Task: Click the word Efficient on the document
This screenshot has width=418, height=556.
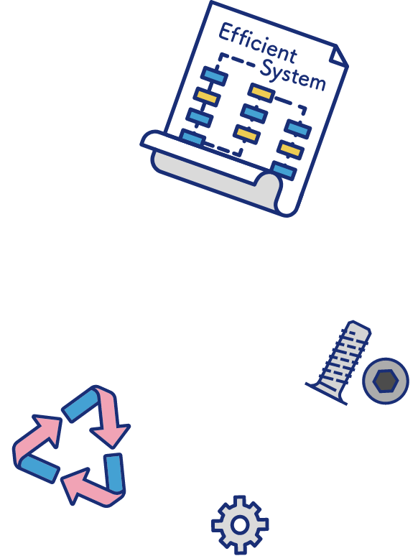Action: point(257,42)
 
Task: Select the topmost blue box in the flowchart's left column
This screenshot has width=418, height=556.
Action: point(214,76)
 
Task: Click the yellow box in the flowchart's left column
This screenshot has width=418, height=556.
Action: point(207,96)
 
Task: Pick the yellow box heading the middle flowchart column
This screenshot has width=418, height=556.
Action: point(261,92)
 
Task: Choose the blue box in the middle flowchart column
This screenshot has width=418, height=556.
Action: point(254,113)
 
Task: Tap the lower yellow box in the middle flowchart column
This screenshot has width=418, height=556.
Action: point(246,134)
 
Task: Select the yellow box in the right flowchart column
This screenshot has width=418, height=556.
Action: point(290,149)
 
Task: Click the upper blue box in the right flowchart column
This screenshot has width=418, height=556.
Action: point(298,129)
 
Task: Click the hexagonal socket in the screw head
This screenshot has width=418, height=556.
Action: point(386,381)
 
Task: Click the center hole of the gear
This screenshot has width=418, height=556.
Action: point(240,525)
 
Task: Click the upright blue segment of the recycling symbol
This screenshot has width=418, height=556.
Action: point(114,472)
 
